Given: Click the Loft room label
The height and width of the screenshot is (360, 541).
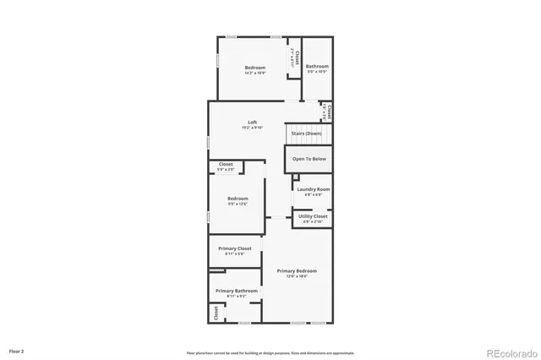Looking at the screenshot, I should click(x=252, y=122).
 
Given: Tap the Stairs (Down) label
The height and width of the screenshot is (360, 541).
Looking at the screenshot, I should click(x=306, y=134).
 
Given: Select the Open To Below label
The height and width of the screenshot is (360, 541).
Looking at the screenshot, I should click(x=309, y=158).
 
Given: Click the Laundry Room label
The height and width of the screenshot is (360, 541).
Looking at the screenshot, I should click(x=313, y=189).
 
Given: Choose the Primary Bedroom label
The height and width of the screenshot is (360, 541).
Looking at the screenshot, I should click(x=297, y=270).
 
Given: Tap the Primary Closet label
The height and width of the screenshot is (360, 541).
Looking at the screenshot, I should click(x=235, y=248).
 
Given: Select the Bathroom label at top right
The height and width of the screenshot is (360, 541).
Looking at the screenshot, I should click(x=317, y=67).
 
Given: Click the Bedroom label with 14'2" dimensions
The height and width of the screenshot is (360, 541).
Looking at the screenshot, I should click(x=255, y=68).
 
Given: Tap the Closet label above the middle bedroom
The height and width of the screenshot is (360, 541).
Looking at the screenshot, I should click(x=226, y=164).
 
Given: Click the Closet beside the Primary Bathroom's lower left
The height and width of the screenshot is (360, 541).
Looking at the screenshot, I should click(x=216, y=313).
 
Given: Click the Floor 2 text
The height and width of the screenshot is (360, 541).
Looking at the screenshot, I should click(x=17, y=350).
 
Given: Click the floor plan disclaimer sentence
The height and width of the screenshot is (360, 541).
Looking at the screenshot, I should click(x=270, y=352).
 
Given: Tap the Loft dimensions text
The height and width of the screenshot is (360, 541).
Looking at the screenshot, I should click(x=252, y=128).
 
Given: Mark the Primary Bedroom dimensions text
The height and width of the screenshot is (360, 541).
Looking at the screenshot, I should click(x=297, y=276).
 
